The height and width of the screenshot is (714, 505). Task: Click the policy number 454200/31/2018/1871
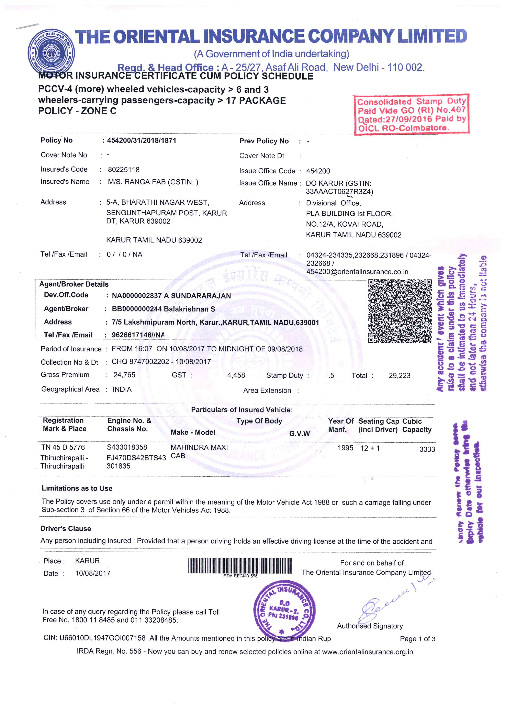(142, 140)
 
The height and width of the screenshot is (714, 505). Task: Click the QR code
(400, 311)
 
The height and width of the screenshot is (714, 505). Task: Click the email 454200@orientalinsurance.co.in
(357, 272)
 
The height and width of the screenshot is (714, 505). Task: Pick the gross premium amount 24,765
(124, 375)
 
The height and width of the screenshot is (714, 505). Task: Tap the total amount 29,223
(399, 376)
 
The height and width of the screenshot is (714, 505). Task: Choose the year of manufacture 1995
(346, 448)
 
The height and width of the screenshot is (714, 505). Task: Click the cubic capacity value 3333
(427, 449)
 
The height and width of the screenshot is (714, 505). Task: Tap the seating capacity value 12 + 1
(370, 448)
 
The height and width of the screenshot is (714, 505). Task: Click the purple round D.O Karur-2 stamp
(284, 610)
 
